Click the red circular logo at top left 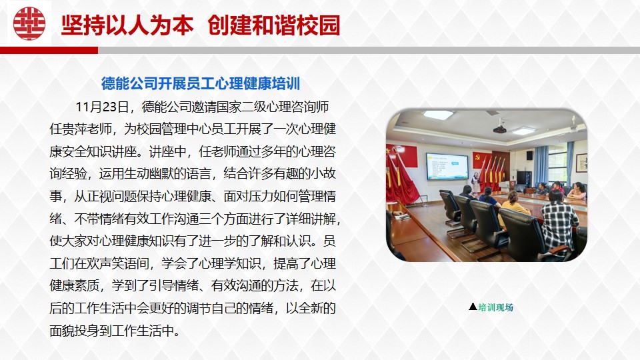click(x=29, y=23)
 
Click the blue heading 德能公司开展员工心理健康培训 click(x=201, y=83)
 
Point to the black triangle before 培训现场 click(x=473, y=307)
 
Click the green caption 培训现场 click(x=496, y=307)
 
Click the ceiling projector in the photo click(x=499, y=129)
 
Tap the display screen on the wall click(x=447, y=166)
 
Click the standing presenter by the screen click(x=475, y=182)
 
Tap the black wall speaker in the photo click(x=529, y=155)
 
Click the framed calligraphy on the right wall click(x=581, y=163)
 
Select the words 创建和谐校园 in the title click(x=273, y=25)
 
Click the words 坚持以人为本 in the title click(x=127, y=25)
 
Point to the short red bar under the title click(x=49, y=50)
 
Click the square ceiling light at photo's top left click(x=437, y=115)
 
